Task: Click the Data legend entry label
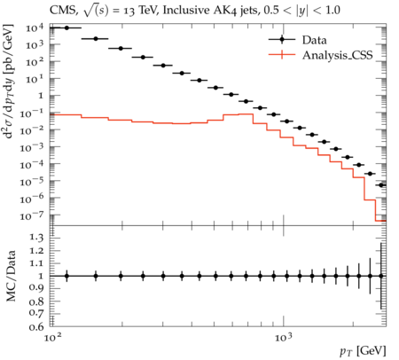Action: (314, 40)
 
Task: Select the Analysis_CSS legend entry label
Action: (337, 55)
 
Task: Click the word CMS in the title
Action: (63, 11)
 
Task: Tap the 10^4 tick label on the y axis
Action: (35, 28)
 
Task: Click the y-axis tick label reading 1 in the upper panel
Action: (40, 96)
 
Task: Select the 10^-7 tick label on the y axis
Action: (32, 216)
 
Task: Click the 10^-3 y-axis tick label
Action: (32, 147)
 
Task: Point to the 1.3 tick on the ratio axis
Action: (36, 238)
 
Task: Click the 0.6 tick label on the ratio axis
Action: (36, 326)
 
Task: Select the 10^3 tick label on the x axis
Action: (284, 337)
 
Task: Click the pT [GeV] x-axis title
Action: (363, 351)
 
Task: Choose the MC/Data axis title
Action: (11, 276)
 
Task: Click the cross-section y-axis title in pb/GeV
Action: (9, 81)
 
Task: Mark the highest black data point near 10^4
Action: (66, 27)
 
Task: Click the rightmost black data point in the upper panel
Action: (381, 185)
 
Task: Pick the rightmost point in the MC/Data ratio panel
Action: (381, 276)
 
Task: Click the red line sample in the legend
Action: (282, 54)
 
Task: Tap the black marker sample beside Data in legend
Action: (282, 39)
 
